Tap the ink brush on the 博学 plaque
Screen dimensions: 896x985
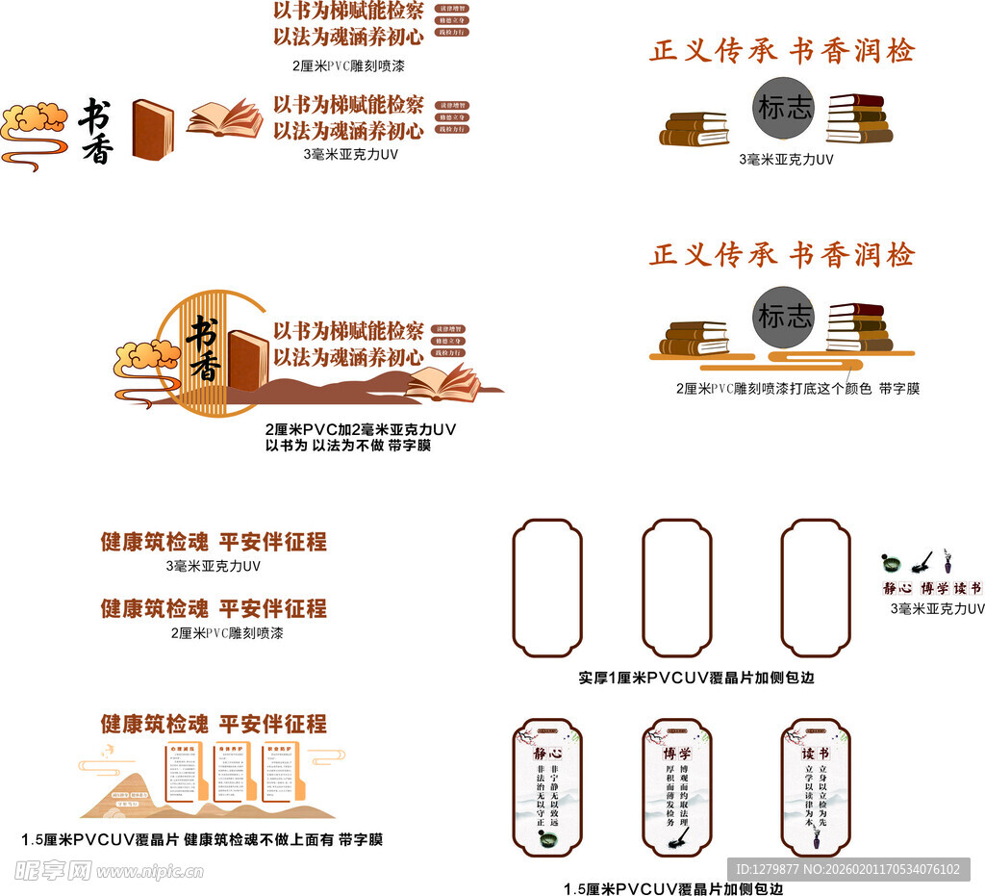point(677,843)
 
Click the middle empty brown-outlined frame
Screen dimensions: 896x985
point(677,588)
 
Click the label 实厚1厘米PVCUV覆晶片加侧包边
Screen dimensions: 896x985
point(696,678)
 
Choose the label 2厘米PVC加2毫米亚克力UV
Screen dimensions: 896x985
point(360,429)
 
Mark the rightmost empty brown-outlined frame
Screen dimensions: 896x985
point(816,588)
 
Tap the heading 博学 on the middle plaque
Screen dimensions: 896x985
point(677,754)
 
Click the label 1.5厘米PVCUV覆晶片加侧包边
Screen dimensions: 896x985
point(673,888)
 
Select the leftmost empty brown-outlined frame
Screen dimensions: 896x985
point(547,588)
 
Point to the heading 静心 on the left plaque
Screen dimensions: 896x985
point(547,754)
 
